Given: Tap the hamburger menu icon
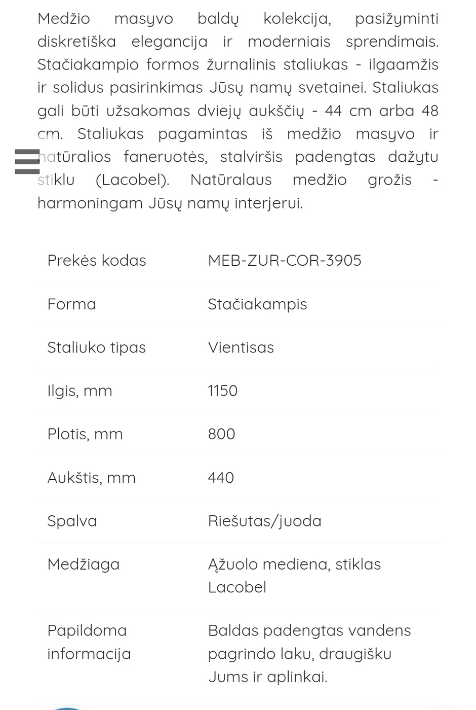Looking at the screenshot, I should tap(27, 161).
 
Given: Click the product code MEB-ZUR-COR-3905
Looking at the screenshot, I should tap(285, 260).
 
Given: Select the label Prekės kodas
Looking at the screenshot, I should tap(97, 260).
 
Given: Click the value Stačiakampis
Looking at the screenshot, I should tap(257, 304).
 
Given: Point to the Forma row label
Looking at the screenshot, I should tap(71, 304).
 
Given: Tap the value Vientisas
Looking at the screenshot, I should tap(241, 347).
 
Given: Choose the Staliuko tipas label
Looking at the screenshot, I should tap(96, 347).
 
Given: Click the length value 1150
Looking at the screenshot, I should tap(222, 390).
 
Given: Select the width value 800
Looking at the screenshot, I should tap(221, 434).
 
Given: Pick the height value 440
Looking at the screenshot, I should tap(221, 477).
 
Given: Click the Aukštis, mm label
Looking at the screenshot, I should tap(91, 477).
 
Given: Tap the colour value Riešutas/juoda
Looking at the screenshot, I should tap(264, 521).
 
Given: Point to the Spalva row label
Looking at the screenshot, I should tap(72, 521).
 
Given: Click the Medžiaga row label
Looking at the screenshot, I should tap(84, 564).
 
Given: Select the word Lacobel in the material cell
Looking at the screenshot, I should tap(237, 587).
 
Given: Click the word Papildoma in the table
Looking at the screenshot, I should tap(87, 630).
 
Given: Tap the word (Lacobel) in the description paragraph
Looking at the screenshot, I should tap(132, 180).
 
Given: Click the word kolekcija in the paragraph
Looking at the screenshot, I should tap(297, 19).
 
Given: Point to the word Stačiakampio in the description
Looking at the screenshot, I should tap(88, 65).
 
